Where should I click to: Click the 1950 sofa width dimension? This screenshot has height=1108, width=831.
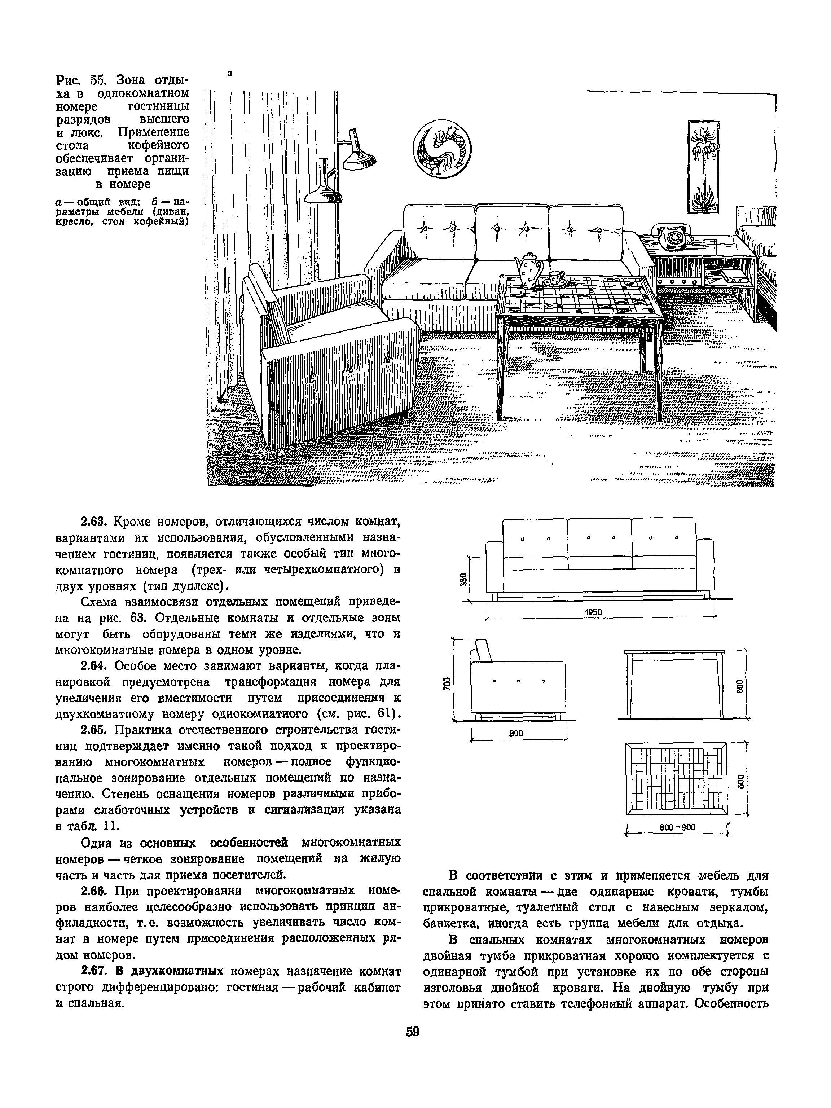pyautogui.click(x=593, y=612)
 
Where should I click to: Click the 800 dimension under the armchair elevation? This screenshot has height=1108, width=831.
pyautogui.click(x=516, y=733)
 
